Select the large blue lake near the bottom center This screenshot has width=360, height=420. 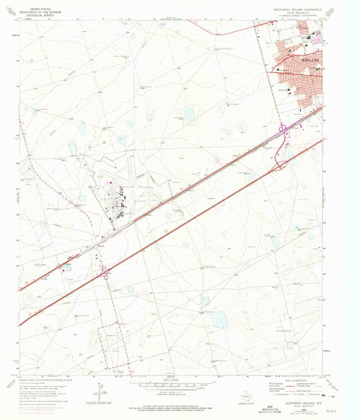click(x=220, y=320)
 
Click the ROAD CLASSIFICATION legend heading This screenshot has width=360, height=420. click(x=297, y=380)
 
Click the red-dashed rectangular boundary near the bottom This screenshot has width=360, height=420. click(x=111, y=348)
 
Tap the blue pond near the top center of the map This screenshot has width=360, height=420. click(x=190, y=115)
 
